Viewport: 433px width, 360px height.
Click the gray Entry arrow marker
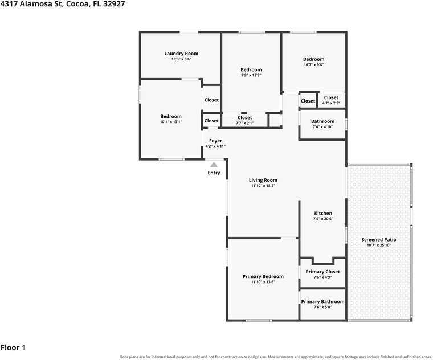click(x=214, y=165)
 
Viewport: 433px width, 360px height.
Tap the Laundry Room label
click(x=181, y=54)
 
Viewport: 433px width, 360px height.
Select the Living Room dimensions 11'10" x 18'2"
click(x=263, y=186)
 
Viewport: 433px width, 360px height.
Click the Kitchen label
click(x=323, y=213)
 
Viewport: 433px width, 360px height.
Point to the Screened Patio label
click(x=379, y=240)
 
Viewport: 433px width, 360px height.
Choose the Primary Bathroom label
click(x=322, y=302)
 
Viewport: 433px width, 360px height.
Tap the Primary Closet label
click(x=322, y=272)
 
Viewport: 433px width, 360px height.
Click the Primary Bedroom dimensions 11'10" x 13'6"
click(x=263, y=282)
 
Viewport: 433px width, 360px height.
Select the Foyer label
click(x=215, y=141)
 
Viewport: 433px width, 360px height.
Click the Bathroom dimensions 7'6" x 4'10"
click(x=322, y=126)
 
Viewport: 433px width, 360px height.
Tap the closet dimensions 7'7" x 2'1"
click(x=244, y=123)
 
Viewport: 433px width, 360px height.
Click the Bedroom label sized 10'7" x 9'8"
click(x=314, y=59)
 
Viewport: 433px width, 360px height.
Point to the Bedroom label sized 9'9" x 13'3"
click(x=251, y=70)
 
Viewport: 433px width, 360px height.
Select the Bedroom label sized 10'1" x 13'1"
click(x=171, y=117)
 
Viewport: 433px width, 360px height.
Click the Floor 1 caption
click(x=13, y=347)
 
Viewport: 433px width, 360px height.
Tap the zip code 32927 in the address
click(x=114, y=4)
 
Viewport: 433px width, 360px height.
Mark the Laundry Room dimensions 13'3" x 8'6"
click(x=181, y=59)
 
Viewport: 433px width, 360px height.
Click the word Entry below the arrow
click(x=214, y=173)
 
